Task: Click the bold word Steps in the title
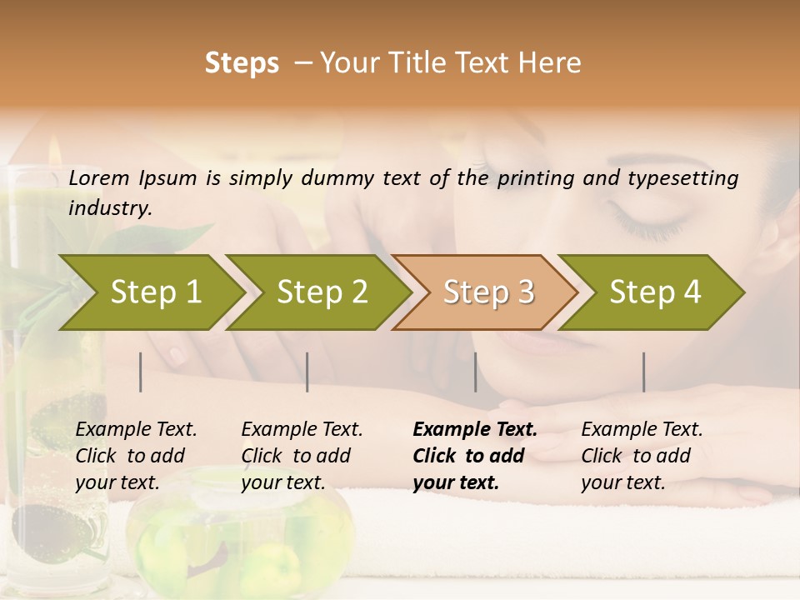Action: tap(242, 63)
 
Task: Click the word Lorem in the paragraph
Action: tap(99, 177)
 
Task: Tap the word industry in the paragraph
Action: tap(109, 207)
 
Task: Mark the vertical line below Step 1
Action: tap(141, 372)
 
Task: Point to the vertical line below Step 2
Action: tap(307, 372)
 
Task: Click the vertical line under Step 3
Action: tap(475, 372)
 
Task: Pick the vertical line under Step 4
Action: tap(643, 372)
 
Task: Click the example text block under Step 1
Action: tap(136, 456)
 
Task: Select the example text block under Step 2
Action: tap(302, 456)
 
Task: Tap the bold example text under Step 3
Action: tap(474, 456)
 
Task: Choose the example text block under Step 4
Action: tap(642, 456)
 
